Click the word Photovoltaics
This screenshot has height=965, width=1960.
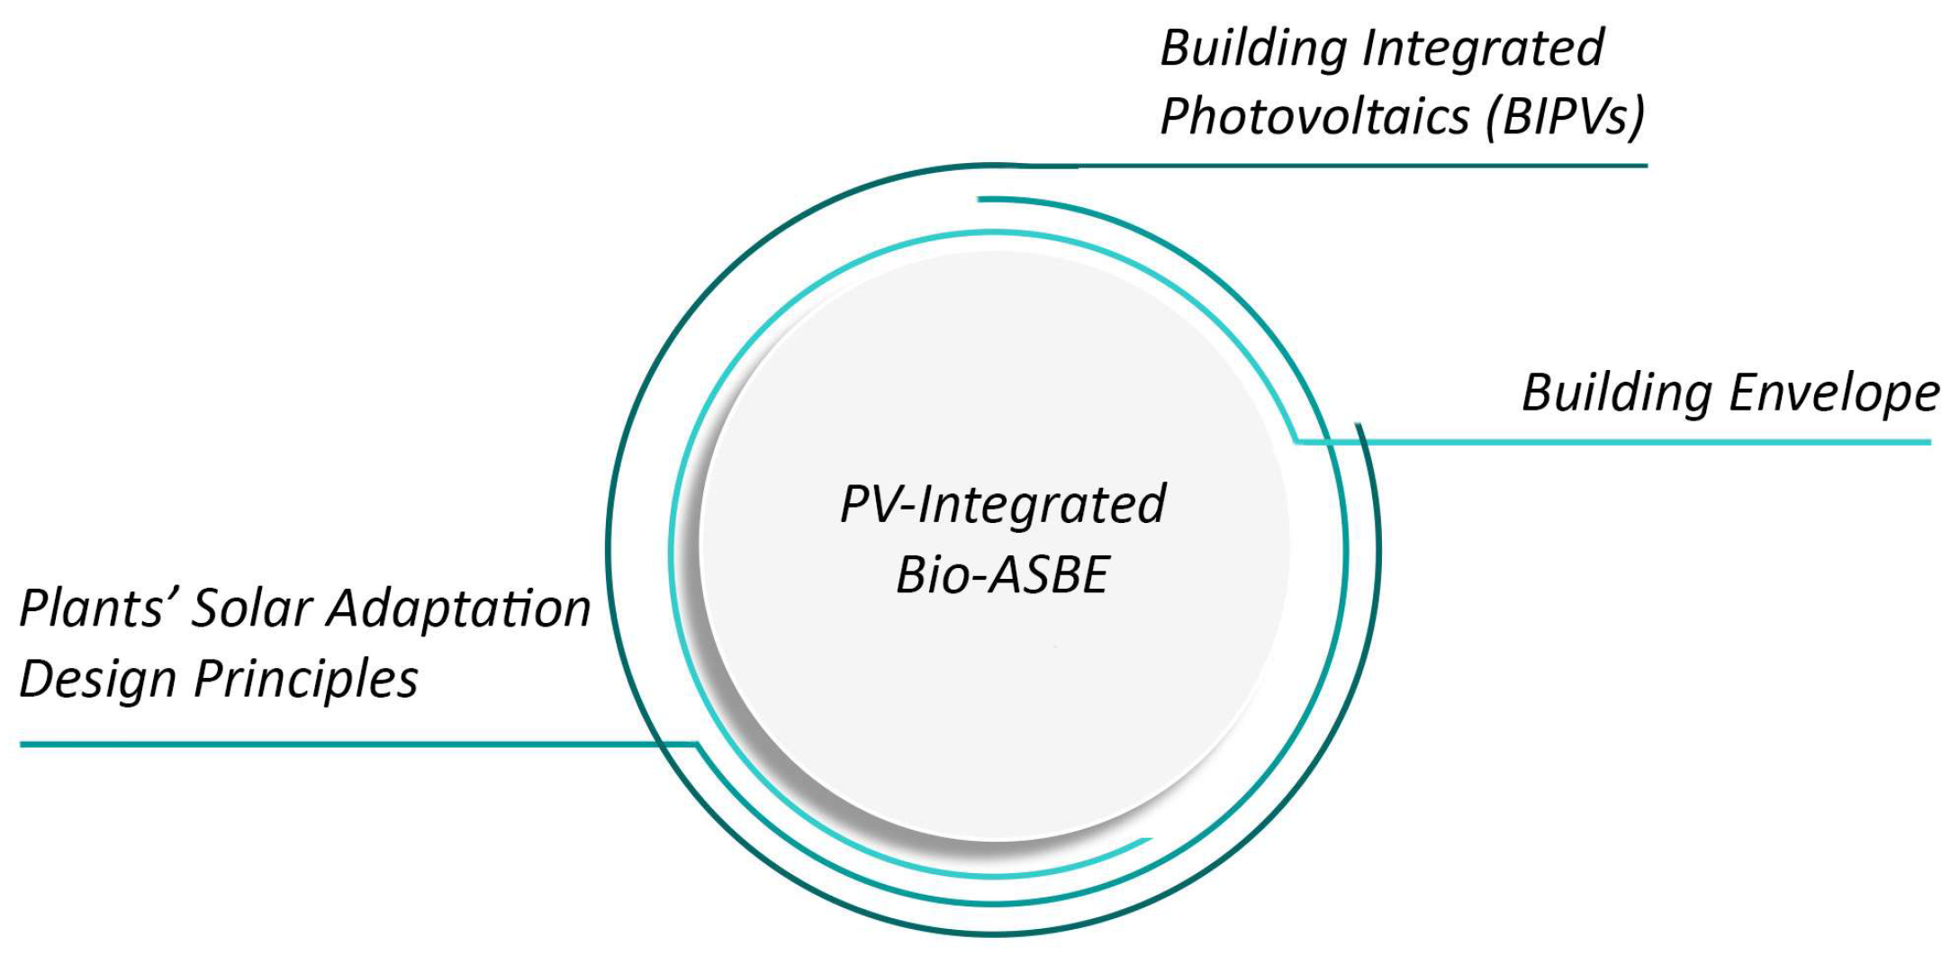[x=1312, y=117]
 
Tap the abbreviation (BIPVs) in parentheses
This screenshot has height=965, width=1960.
[x=1566, y=117]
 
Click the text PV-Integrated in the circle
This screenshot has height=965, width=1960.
[x=1002, y=504]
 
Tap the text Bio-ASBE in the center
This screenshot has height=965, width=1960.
[x=1002, y=575]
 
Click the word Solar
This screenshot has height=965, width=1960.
[x=251, y=609]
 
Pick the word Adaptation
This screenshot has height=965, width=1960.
[x=458, y=609]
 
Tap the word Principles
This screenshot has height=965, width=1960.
[x=306, y=679]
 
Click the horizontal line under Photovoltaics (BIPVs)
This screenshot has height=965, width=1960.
[x=1350, y=166]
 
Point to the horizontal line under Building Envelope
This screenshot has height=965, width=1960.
[x=1621, y=442]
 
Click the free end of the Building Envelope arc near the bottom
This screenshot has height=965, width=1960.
[x=1148, y=841]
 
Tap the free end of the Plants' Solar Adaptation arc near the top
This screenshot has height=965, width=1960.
[x=981, y=199]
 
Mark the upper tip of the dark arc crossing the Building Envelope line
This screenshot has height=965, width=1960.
[x=1357, y=425]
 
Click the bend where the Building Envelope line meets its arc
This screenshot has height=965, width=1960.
[x=1296, y=441]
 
